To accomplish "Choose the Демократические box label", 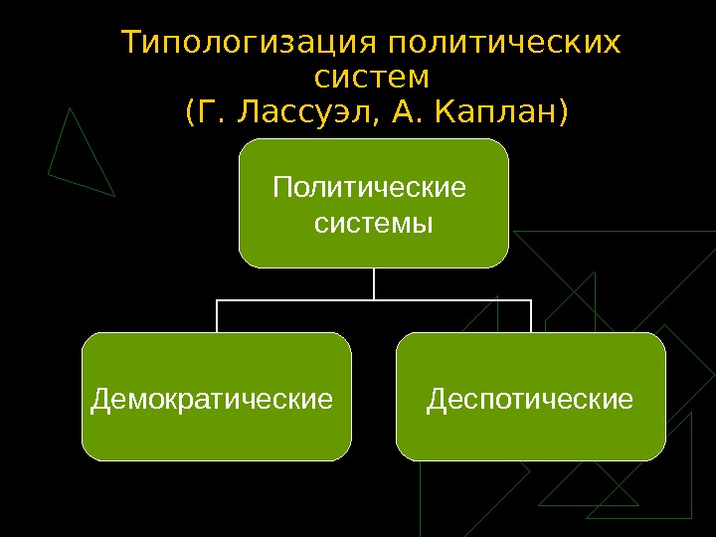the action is (x=211, y=400).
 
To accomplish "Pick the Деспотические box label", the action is (x=530, y=400).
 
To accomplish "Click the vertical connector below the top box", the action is (x=374, y=283).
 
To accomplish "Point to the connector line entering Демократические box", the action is (x=217, y=316).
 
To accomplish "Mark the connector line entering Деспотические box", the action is (x=531, y=316).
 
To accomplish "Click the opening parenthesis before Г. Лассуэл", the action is (x=191, y=112).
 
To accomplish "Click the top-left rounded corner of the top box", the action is (x=245, y=145).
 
